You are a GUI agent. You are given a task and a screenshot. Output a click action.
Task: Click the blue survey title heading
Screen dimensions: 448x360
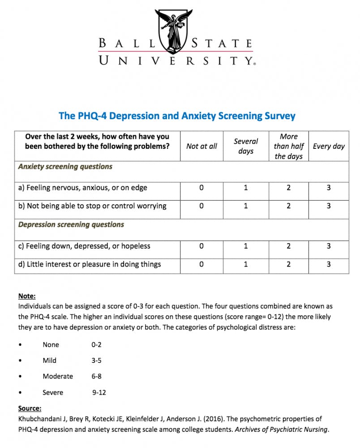coord(177,116)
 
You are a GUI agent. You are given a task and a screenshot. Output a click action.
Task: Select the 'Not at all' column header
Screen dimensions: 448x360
coord(201,146)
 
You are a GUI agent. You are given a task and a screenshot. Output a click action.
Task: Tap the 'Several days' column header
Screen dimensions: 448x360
coord(246,146)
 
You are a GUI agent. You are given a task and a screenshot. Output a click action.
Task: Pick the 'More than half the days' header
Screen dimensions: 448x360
coord(289,146)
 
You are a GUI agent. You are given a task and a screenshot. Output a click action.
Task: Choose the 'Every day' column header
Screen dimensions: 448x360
coord(329,146)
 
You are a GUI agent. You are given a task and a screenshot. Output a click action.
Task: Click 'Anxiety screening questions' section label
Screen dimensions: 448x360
coord(65,167)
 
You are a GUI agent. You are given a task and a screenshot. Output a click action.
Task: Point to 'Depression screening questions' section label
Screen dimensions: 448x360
coord(71,224)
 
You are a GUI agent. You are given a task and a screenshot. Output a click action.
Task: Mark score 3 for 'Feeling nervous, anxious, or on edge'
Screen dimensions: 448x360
coord(329,188)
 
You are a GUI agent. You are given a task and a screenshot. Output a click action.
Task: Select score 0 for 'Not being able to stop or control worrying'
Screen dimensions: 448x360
coord(201,206)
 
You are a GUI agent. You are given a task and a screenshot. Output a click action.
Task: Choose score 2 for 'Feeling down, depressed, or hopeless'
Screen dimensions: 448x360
coord(289,246)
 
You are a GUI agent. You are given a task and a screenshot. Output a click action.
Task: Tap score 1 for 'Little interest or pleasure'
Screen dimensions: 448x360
coord(246,264)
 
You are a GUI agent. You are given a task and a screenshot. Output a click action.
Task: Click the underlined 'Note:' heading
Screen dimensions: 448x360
coord(27,296)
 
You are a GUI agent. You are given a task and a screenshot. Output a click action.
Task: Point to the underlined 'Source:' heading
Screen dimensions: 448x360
coord(30,408)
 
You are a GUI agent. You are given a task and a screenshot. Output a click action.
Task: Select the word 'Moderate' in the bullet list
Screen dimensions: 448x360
coord(58,376)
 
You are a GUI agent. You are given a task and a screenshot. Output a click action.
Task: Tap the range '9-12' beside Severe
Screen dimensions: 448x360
coord(99,392)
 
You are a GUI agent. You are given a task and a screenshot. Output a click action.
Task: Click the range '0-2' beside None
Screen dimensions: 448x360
coord(97,345)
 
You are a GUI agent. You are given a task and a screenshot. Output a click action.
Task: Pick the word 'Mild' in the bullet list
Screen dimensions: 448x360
coord(50,360)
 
